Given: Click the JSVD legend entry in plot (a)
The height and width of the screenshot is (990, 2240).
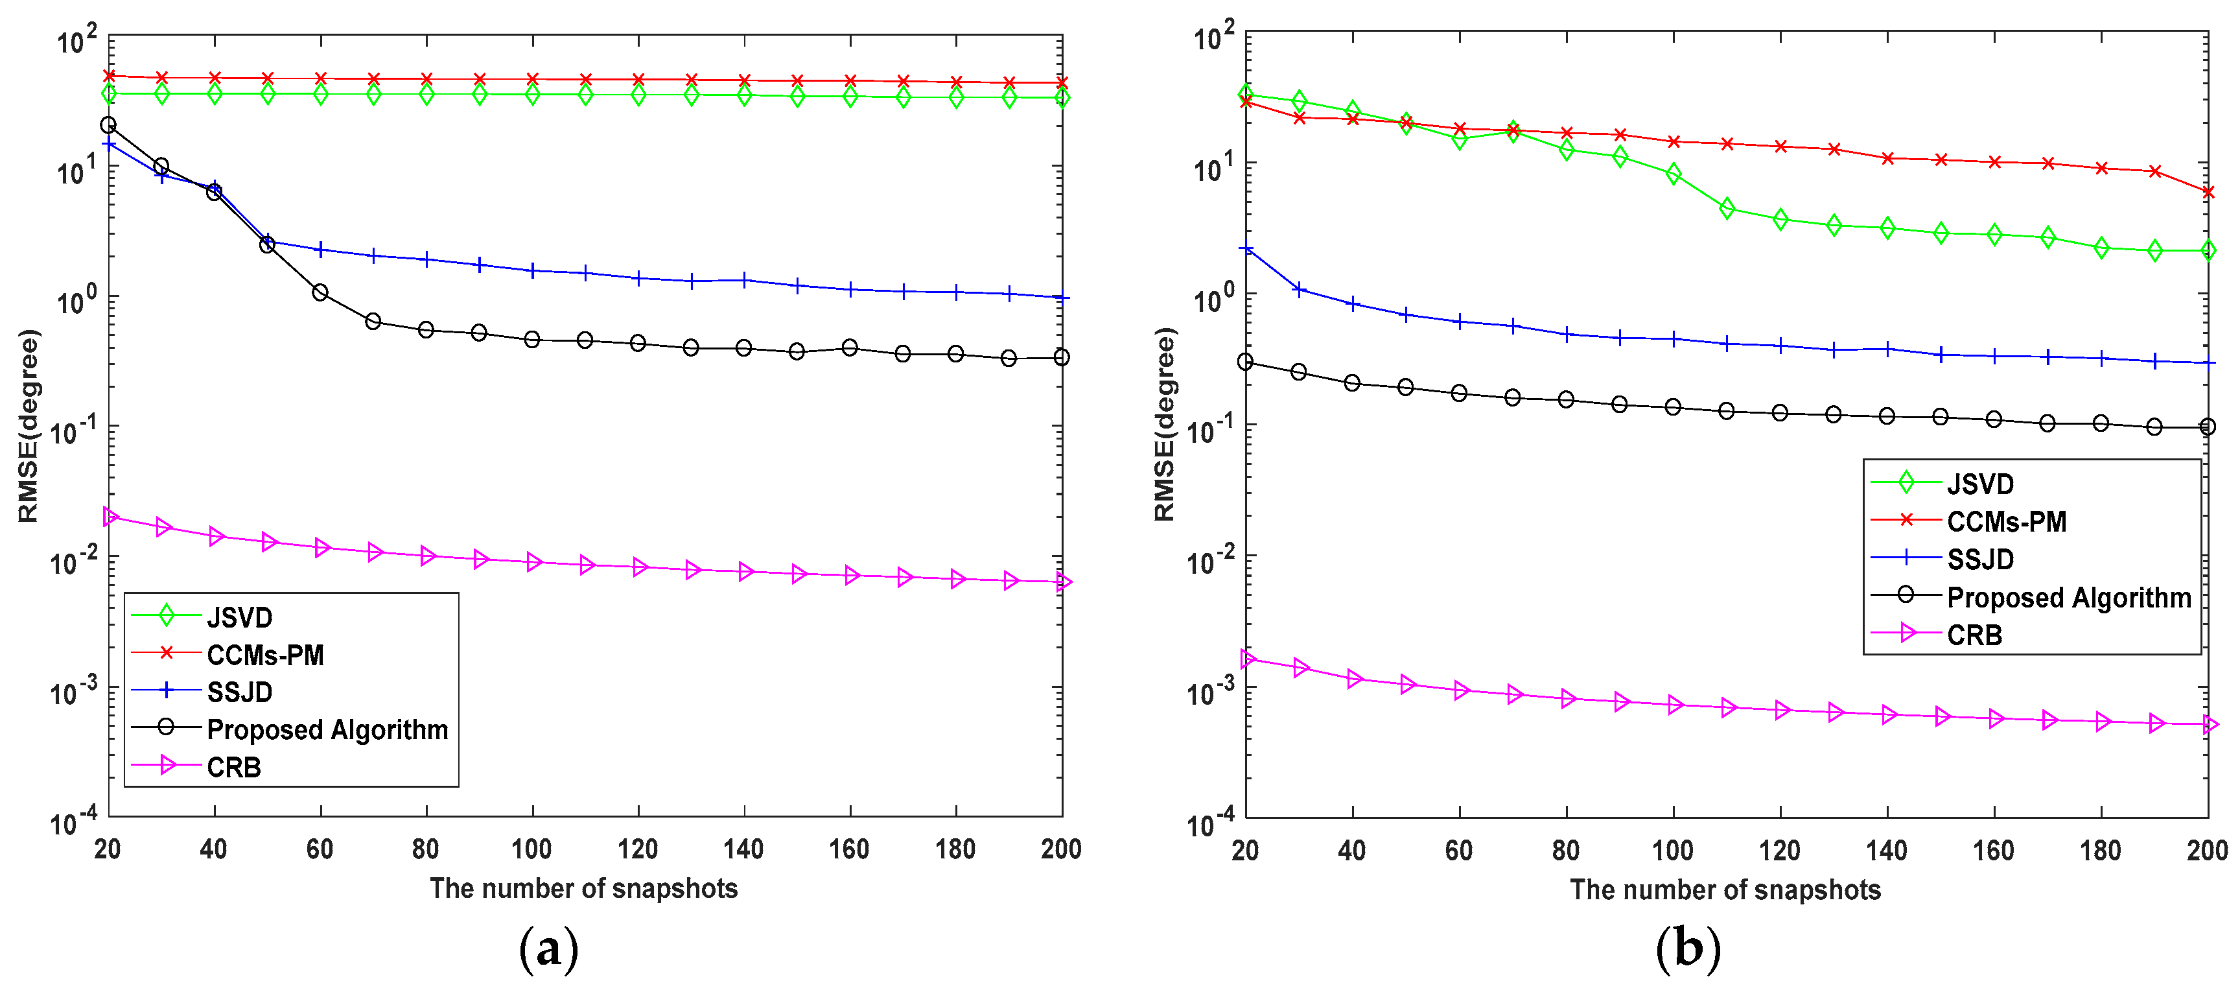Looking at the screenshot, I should coord(239,618).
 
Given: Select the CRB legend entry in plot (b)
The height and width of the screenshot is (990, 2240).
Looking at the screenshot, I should coord(1974,635).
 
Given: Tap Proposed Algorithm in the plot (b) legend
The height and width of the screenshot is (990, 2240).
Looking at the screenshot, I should coord(2068,598).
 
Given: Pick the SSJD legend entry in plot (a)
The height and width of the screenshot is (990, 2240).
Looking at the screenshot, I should coord(239,692).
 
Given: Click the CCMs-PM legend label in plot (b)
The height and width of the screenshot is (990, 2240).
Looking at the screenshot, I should coord(2006,522).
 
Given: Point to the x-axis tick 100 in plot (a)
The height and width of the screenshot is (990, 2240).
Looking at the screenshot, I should coord(531,849).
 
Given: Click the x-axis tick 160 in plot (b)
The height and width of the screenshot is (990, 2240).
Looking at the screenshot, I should coord(1993,850).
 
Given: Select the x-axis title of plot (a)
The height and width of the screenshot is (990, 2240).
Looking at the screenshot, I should coord(583,888).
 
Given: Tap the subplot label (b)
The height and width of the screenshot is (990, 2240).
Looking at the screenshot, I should coord(1688,949).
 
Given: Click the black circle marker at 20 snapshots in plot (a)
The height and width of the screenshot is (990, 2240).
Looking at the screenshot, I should coord(108,125).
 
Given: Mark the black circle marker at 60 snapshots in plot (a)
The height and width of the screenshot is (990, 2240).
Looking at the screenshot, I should coord(320,292).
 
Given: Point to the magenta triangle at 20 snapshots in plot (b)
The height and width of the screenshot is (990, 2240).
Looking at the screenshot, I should coord(1248,659).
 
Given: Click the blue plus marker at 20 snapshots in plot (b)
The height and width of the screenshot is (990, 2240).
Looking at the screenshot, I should coord(1246,250).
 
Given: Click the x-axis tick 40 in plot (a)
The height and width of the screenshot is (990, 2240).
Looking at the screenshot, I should coord(213,849).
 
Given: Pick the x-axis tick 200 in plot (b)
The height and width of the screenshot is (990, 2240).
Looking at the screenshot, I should coord(2207,850).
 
